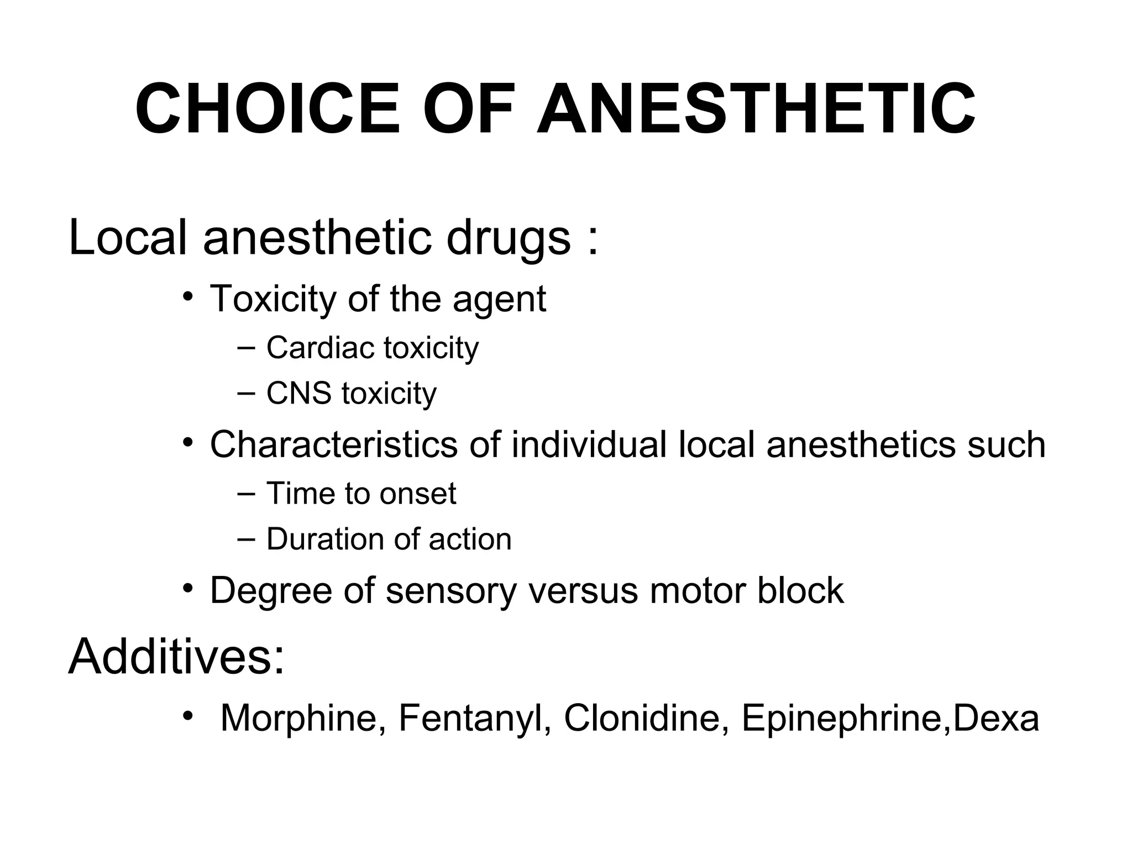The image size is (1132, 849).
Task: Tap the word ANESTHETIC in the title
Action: (x=756, y=109)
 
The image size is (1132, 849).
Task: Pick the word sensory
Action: (x=450, y=591)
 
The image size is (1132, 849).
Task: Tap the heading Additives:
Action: (x=176, y=657)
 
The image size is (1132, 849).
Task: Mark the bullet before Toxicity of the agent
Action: (x=188, y=297)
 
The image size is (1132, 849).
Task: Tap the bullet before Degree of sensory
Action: (x=188, y=589)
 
